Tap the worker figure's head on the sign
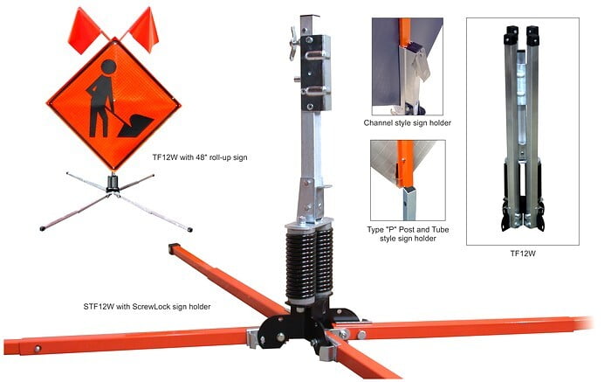(x=109, y=68)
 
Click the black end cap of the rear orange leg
(x=175, y=249)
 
